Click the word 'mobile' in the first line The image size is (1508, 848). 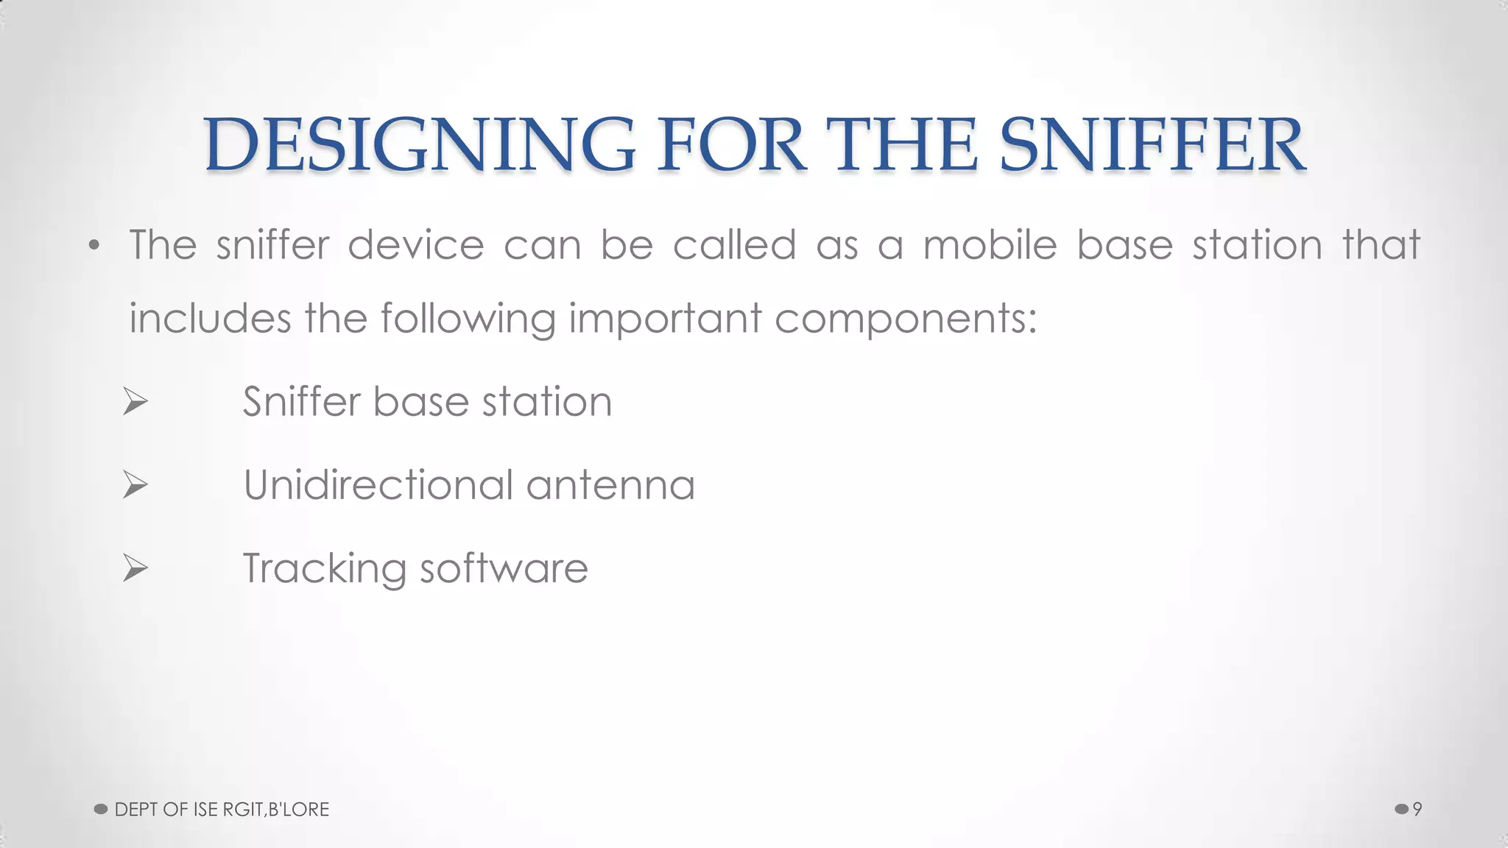[990, 244]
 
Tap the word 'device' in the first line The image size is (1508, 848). [416, 244]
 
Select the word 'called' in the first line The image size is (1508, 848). [734, 244]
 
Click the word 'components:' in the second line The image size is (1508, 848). [906, 319]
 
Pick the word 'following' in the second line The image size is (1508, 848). [468, 319]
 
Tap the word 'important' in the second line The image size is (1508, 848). [665, 319]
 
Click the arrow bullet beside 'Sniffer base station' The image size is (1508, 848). [135, 402]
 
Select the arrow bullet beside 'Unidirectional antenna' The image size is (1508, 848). [135, 485]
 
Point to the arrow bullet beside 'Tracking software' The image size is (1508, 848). [135, 568]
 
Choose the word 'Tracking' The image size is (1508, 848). [324, 569]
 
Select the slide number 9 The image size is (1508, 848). [1417, 809]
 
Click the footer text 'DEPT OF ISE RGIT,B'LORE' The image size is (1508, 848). [222, 809]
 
